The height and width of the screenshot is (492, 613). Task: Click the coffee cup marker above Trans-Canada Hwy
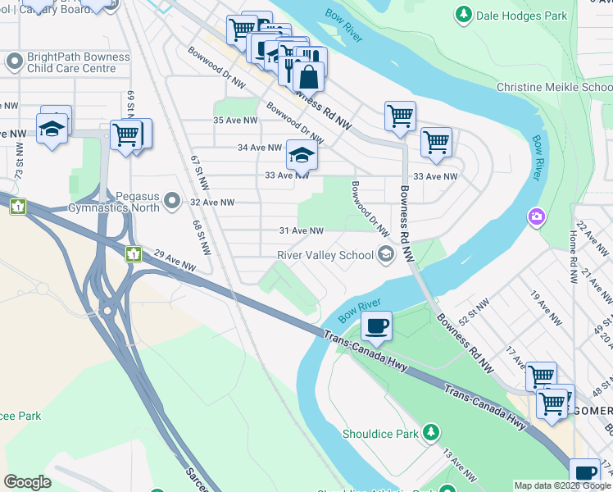376,326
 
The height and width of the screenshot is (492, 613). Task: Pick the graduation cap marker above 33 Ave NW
301,154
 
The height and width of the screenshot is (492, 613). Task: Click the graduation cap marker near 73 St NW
52,128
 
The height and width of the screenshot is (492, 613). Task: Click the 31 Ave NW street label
302,231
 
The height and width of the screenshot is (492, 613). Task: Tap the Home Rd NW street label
573,246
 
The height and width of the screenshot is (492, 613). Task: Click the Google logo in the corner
28,482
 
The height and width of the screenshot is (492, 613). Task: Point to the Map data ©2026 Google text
561,485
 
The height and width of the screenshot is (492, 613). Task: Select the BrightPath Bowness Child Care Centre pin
14,61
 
